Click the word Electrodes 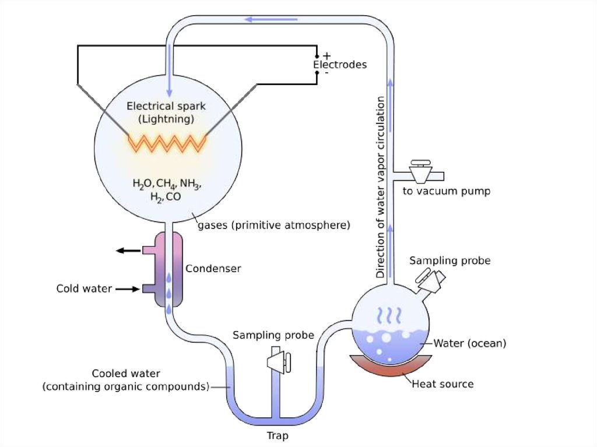click(x=340, y=65)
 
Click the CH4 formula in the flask click(x=166, y=185)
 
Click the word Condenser click(x=213, y=269)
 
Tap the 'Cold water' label click(x=84, y=288)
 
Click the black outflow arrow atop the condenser click(x=128, y=251)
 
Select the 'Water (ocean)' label click(x=470, y=343)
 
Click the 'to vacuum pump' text click(x=447, y=191)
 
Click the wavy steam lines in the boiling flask click(x=389, y=315)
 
